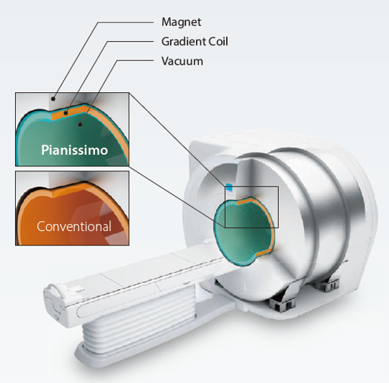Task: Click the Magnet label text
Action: click(182, 22)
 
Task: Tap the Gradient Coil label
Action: click(194, 42)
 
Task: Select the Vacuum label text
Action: click(182, 61)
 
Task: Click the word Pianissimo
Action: click(74, 150)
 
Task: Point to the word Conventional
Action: click(74, 226)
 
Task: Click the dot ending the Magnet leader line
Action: click(53, 99)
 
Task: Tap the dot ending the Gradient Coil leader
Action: click(66, 113)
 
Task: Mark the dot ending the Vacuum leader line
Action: click(80, 125)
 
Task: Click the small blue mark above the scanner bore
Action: click(229, 187)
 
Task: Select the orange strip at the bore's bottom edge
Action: click(263, 253)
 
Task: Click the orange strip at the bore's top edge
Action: click(246, 201)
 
